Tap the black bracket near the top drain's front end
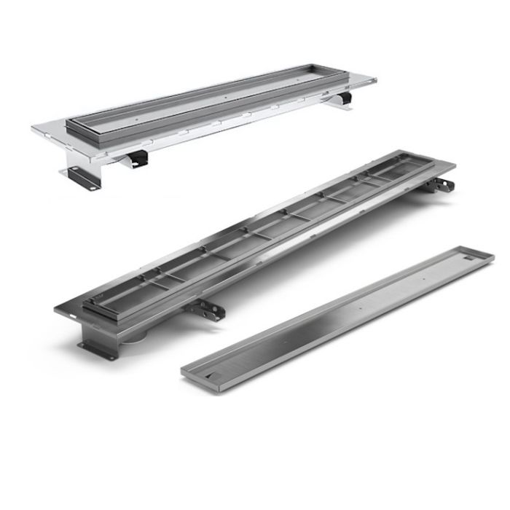136,156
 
